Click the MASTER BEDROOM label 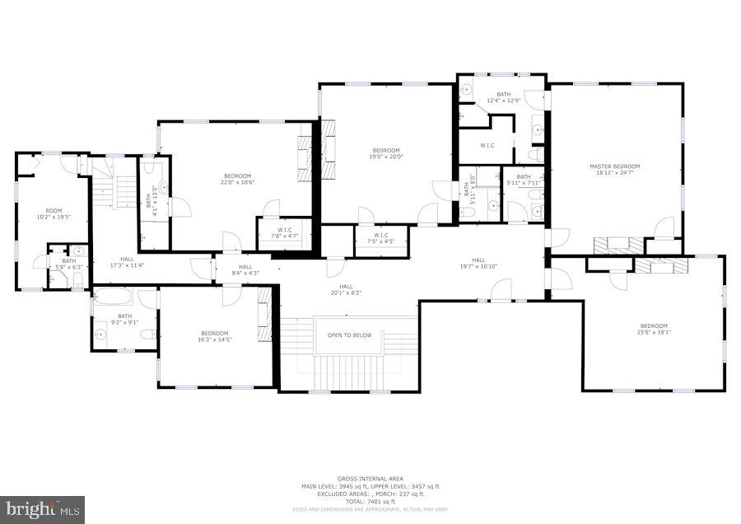(614, 166)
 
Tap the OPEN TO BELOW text (349, 335)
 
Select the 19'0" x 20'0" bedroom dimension (386, 157)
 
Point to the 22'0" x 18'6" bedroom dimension (238, 183)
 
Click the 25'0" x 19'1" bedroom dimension (655, 334)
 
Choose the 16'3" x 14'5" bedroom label (213, 339)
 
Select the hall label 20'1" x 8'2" (347, 290)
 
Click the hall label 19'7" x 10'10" (478, 263)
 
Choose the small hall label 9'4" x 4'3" (245, 270)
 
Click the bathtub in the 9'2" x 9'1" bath (113, 297)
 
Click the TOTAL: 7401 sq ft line (370, 501)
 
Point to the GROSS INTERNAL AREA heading (370, 479)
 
